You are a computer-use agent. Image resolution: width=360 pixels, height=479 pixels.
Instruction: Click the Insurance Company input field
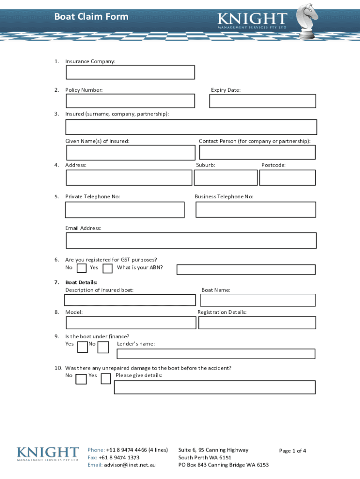130,73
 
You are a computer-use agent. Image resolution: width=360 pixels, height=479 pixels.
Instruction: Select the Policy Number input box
130,101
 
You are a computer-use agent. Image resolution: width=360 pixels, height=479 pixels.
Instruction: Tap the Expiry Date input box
262,101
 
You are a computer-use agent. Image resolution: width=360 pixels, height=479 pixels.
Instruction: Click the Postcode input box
287,178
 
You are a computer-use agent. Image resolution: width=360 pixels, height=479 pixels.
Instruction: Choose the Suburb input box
225,178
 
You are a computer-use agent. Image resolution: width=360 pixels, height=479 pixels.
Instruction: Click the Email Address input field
191,240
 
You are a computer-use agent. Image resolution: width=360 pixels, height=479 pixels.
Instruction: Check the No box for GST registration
81,268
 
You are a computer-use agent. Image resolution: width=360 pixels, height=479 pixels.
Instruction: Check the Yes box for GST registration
108,268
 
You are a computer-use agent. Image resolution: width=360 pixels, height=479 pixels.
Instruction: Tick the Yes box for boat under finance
82,347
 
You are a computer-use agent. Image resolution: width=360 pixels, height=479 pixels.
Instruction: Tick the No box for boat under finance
103,347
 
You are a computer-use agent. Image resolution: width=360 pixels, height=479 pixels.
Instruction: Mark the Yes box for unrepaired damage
106,378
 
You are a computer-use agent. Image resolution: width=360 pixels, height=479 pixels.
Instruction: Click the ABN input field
246,269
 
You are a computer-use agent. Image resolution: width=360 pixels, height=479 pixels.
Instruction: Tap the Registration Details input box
257,323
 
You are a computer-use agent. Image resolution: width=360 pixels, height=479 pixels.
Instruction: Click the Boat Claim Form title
91,17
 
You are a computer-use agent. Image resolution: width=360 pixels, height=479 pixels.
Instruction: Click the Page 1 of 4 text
293,451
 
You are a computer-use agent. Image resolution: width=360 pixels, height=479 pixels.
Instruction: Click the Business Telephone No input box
255,210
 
